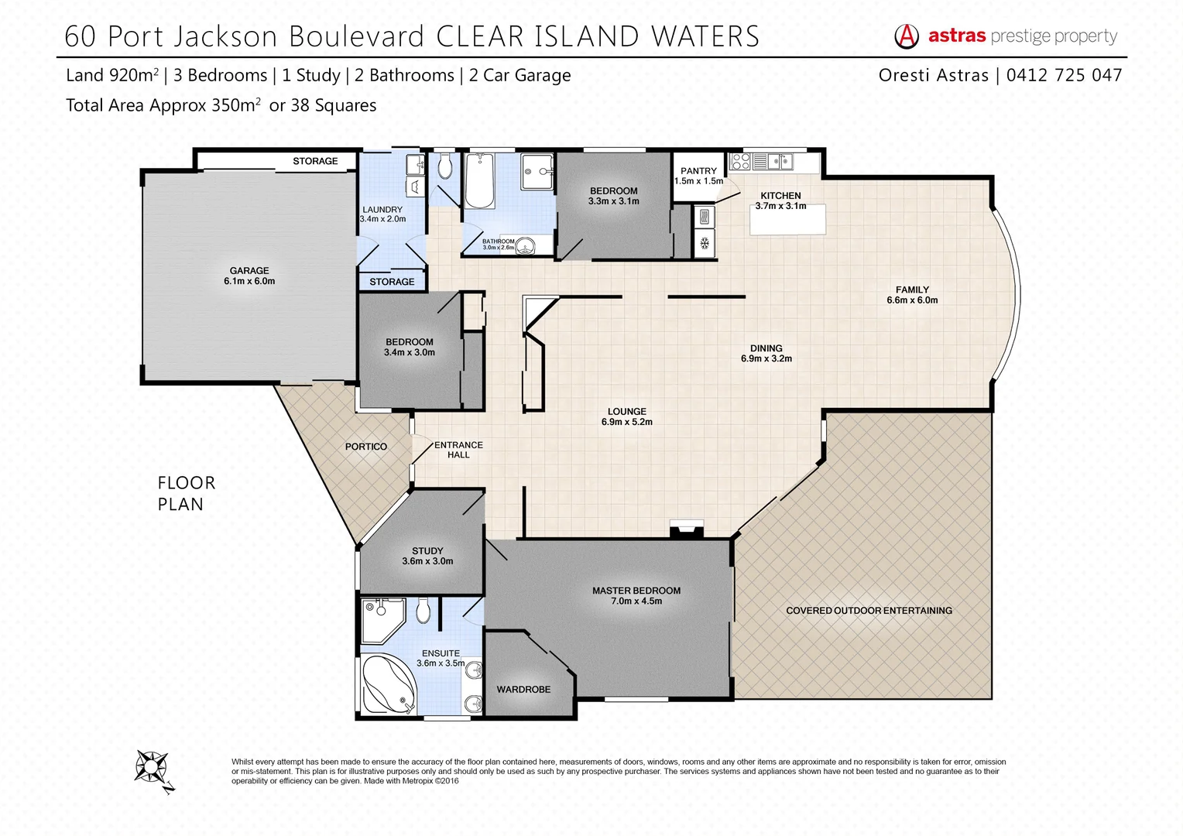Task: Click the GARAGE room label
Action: point(249,271)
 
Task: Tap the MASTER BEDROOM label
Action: point(636,591)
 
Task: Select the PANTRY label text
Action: point(698,171)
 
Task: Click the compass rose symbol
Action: point(152,768)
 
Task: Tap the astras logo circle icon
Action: point(907,36)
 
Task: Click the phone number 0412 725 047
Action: point(1064,75)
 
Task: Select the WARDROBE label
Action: point(523,690)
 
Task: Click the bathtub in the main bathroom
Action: point(479,180)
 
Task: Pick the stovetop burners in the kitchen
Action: point(740,162)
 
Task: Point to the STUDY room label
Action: point(427,551)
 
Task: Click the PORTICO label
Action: point(366,447)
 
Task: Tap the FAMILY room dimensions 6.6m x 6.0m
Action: point(912,300)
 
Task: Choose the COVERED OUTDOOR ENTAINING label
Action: point(869,611)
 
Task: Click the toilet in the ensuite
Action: point(423,610)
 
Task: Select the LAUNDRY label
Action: point(382,210)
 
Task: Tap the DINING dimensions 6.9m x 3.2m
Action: point(766,359)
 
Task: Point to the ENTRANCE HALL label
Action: point(458,450)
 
